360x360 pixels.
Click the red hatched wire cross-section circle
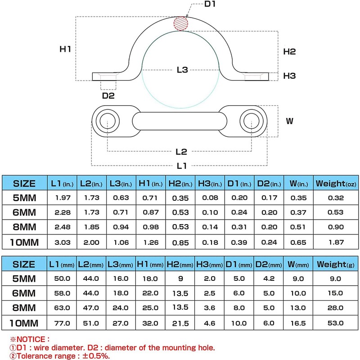click(x=181, y=23)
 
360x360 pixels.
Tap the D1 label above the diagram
click(x=211, y=4)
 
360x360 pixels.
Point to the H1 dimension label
click(x=66, y=49)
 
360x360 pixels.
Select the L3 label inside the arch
click(x=182, y=70)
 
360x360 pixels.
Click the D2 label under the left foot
click(x=108, y=95)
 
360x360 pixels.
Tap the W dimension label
click(x=290, y=121)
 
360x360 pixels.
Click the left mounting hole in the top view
click(x=107, y=121)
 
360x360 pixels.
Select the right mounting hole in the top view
click(x=251, y=121)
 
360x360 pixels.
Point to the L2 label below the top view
click(x=182, y=152)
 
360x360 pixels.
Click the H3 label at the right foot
click(x=290, y=76)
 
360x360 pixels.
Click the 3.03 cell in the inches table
click(x=62, y=243)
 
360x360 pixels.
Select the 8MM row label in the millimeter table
click(x=24, y=308)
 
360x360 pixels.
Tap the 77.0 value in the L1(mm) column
click(x=62, y=323)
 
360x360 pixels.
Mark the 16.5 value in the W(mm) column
click(x=298, y=323)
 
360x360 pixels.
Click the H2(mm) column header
click(x=180, y=265)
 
